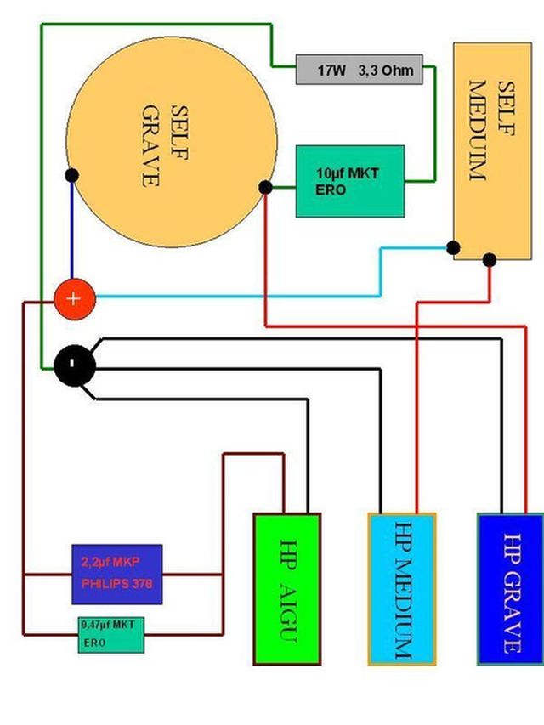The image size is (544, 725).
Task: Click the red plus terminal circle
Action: point(74,298)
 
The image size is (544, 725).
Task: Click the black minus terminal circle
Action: point(74,365)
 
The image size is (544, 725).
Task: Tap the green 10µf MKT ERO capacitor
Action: point(349,181)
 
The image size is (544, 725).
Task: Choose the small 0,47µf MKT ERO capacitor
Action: point(111,634)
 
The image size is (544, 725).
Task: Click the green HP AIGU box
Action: point(287,589)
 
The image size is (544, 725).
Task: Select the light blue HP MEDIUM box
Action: point(402,589)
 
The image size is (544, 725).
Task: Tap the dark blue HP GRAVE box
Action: point(510,589)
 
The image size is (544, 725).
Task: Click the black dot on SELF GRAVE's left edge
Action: point(71,175)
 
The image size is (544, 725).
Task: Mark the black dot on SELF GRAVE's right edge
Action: point(265,188)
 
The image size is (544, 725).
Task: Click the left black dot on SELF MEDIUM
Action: point(454,247)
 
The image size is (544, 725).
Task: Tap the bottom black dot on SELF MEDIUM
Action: point(490,259)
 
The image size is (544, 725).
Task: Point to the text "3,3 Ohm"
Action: point(388,71)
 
